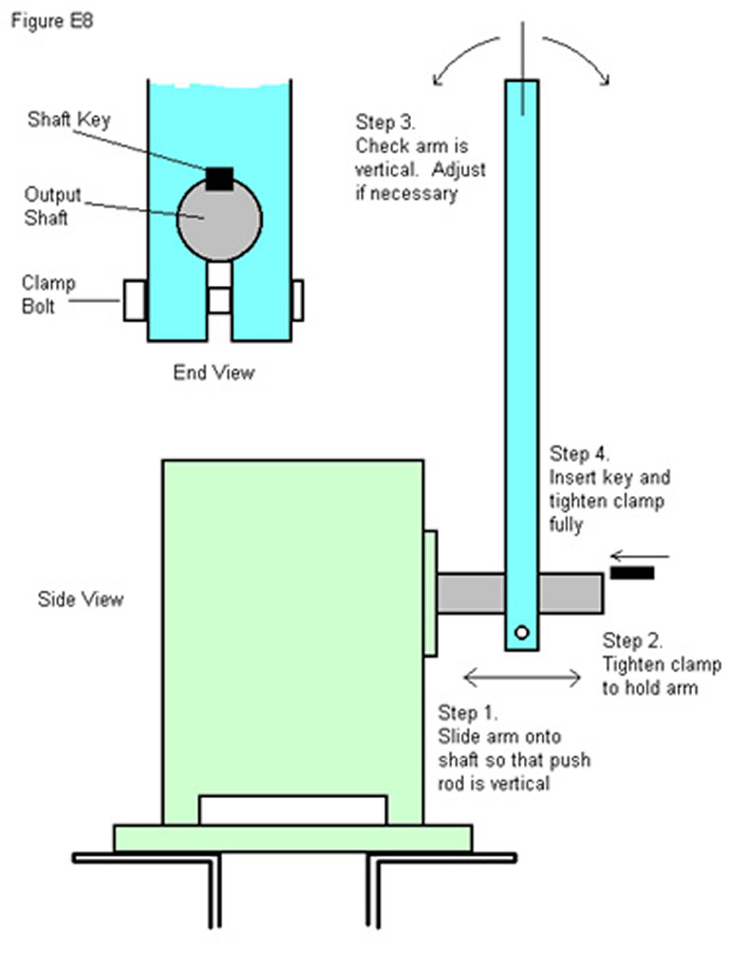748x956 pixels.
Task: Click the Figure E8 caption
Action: (50, 20)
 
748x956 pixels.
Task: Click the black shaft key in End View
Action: (219, 178)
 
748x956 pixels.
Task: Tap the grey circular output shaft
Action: (219, 221)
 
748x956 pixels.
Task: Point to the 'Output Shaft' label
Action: (53, 205)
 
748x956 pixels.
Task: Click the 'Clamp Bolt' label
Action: (49, 293)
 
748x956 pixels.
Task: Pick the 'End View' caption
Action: (214, 372)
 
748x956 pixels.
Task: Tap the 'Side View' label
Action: (80, 598)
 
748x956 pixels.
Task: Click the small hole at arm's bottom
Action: (521, 633)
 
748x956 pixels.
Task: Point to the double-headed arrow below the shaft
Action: (524, 677)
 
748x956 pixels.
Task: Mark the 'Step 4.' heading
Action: (579, 455)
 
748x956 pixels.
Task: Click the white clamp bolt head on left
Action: (135, 300)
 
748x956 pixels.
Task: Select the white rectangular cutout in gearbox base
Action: (293, 810)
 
